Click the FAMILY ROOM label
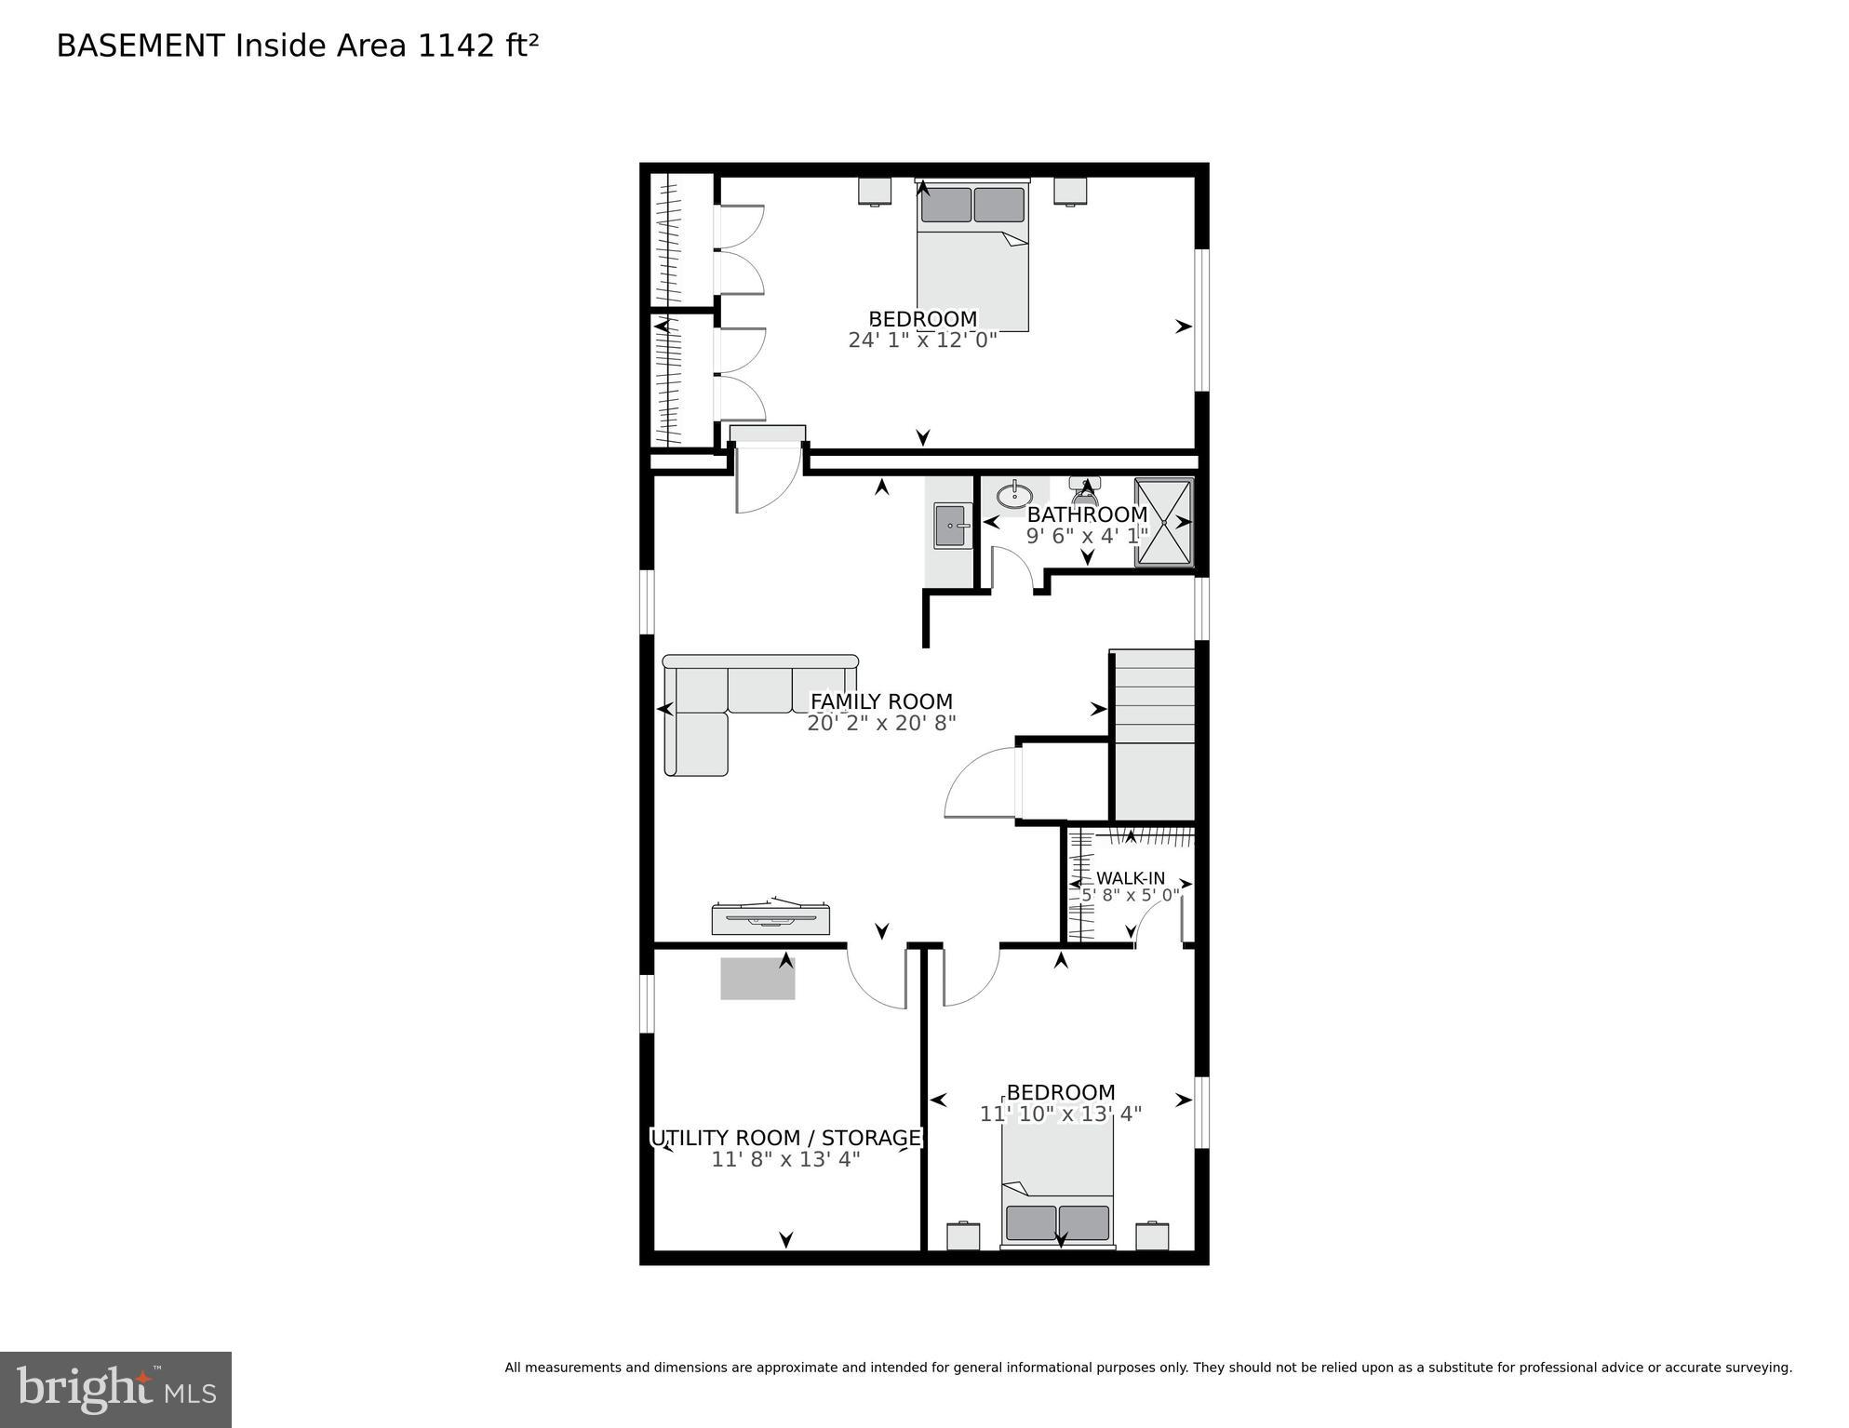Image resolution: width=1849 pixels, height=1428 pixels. coord(881,701)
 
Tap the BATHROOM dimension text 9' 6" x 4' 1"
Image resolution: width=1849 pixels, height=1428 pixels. coord(1086,536)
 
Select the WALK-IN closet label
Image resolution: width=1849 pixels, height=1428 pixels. coord(1130,878)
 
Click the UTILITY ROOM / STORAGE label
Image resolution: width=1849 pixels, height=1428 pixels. coord(785,1138)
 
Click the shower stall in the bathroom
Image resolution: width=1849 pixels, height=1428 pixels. coord(1163,522)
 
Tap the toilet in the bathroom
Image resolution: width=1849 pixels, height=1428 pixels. coord(1084,490)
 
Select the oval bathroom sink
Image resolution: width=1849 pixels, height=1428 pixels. coord(1013,493)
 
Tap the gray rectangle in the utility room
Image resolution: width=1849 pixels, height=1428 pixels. coord(757,979)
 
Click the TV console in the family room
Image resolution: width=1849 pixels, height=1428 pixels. coord(770,917)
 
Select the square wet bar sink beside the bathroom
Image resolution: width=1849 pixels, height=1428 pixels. coord(952,527)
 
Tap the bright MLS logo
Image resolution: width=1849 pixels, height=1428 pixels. coord(115,1389)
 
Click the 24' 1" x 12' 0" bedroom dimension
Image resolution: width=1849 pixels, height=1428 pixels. coord(922,340)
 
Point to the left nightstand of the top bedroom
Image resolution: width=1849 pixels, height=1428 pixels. coord(874,191)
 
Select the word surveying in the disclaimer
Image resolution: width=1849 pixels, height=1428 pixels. coord(1757,1368)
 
